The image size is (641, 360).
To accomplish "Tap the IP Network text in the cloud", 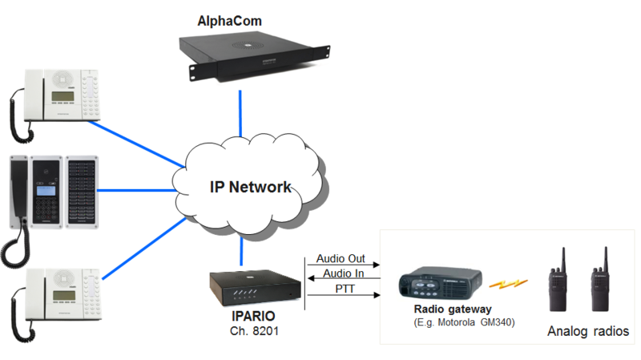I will pyautogui.click(x=251, y=188).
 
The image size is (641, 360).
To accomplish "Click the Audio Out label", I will pyautogui.click(x=341, y=259).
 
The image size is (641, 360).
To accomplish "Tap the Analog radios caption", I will pyautogui.click(x=588, y=330).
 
